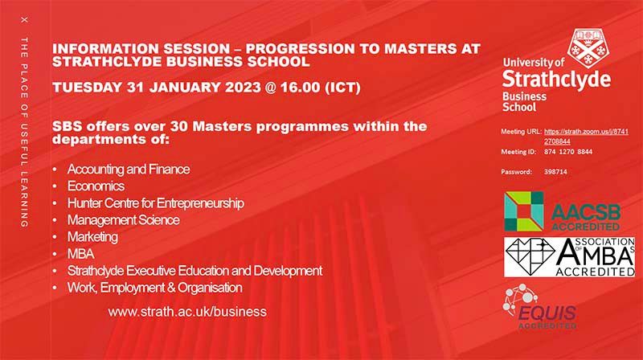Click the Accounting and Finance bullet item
[x=128, y=170]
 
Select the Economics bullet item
[x=96, y=186]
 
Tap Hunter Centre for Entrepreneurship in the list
[x=155, y=203]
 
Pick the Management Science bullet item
[x=123, y=220]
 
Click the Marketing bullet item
[x=92, y=237]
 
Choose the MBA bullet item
[x=80, y=254]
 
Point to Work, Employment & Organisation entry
[x=154, y=288]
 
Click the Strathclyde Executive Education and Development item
[x=195, y=271]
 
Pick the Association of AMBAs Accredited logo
[x=569, y=258]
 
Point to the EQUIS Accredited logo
[x=543, y=309]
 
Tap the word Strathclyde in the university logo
[x=555, y=80]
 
